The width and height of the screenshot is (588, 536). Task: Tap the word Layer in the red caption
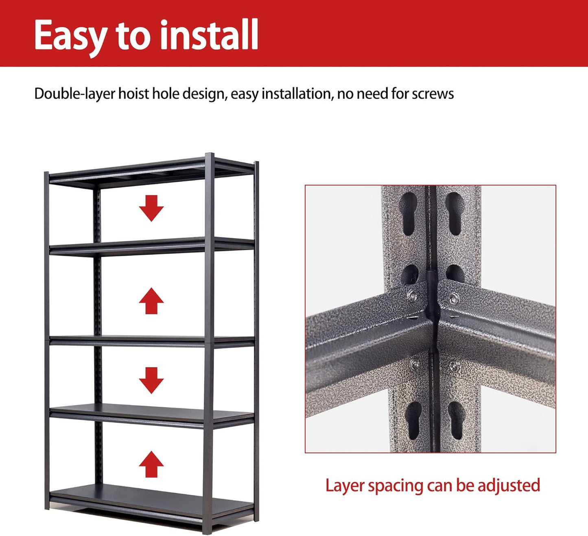344,486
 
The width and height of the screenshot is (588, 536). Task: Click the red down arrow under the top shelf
151,208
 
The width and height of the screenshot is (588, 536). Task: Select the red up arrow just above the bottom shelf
151,464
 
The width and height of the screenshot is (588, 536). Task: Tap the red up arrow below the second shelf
151,301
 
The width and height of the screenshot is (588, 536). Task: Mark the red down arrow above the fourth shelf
151,380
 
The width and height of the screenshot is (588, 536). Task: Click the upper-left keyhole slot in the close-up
409,214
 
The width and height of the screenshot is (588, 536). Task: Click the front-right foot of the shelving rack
208,530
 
